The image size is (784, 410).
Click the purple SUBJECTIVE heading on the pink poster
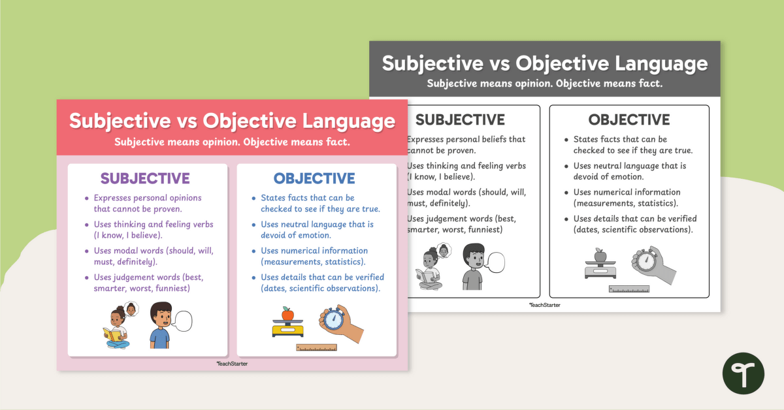(x=144, y=178)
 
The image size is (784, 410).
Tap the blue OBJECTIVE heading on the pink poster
(x=314, y=178)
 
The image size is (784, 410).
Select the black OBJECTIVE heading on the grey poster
(x=629, y=119)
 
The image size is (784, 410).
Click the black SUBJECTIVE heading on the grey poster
(x=460, y=119)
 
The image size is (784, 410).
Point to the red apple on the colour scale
(x=287, y=314)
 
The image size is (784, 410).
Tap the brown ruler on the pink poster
(x=316, y=347)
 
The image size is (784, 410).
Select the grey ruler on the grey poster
(x=629, y=289)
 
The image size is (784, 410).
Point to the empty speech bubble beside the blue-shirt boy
(x=183, y=321)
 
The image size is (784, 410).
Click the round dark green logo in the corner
(x=743, y=373)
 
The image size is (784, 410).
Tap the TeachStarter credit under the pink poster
(x=232, y=364)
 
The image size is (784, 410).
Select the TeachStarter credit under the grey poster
(x=544, y=305)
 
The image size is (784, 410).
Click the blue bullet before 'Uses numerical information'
(x=254, y=251)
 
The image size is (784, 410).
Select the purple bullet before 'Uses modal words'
(x=86, y=251)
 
